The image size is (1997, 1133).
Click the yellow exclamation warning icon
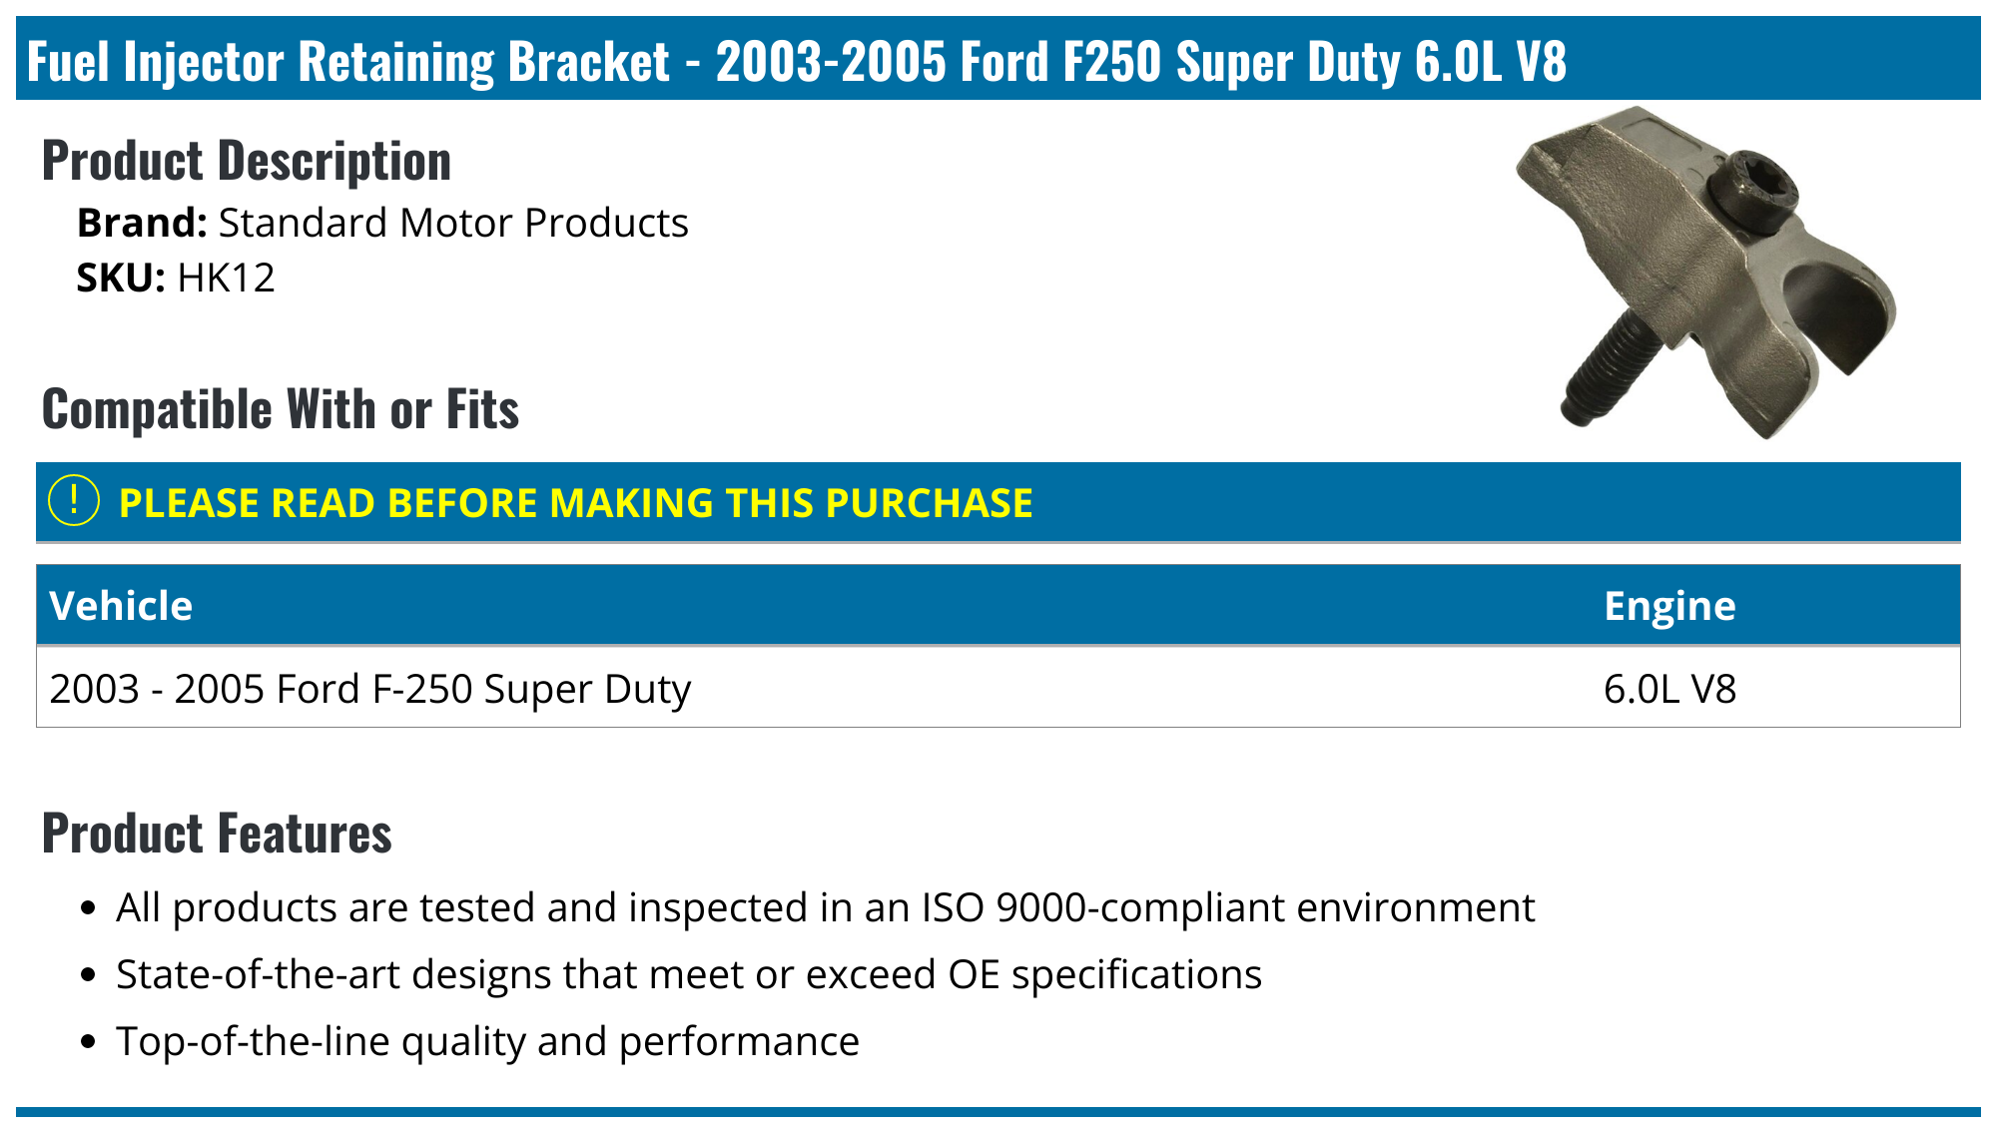74,501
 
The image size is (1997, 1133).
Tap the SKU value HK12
226,278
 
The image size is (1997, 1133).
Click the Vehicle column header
121,606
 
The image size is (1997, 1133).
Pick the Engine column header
1669,606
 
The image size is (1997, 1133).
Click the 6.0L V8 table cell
1669,689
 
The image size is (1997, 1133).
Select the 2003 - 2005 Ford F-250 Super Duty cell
369,689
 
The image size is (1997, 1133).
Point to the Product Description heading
247,161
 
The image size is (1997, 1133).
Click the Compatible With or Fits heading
281,409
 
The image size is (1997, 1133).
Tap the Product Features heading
217,834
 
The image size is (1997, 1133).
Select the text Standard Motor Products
453,224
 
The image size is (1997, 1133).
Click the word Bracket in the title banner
588,62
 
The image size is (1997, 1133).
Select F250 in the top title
1111,62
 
